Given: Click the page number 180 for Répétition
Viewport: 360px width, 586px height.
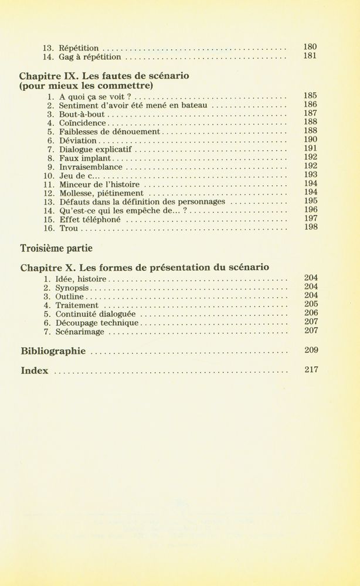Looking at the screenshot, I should pyautogui.click(x=310, y=47).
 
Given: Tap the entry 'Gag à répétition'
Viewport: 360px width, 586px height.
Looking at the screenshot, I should pyautogui.click(x=90, y=57).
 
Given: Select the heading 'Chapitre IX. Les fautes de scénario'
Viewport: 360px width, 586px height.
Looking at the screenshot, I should pyautogui.click(x=104, y=76).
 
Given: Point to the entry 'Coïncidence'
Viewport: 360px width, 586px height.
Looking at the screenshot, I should pyautogui.click(x=83, y=124).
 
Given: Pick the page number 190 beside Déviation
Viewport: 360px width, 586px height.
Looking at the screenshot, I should pyautogui.click(x=311, y=140).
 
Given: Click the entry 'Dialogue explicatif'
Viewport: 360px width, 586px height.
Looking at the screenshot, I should pyautogui.click(x=96, y=150).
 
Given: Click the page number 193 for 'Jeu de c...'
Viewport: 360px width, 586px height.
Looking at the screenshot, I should pyautogui.click(x=311, y=175).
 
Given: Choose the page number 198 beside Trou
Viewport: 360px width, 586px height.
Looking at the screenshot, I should pyautogui.click(x=311, y=227).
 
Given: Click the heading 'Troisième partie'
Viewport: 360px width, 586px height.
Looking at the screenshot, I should pyautogui.click(x=56, y=248).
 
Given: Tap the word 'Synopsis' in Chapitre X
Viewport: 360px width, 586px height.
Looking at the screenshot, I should pyautogui.click(x=72, y=288).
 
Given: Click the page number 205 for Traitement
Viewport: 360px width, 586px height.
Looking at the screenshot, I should pyautogui.click(x=311, y=304).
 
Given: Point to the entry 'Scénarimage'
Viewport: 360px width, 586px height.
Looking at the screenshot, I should pyautogui.click(x=80, y=332).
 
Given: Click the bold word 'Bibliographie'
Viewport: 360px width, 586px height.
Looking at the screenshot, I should pyautogui.click(x=53, y=352).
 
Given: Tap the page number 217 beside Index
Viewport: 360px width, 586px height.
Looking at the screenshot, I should pyautogui.click(x=311, y=370).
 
